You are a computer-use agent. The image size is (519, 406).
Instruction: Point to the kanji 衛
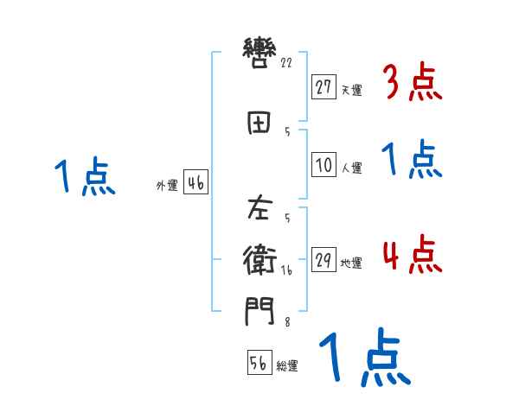pyautogui.click(x=259, y=260)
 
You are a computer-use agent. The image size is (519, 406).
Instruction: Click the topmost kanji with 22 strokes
pyautogui.click(x=259, y=54)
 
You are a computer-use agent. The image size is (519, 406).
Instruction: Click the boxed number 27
pyautogui.click(x=324, y=87)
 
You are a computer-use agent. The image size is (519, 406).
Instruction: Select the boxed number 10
pyautogui.click(x=324, y=166)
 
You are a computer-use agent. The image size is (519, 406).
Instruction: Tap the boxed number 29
pyautogui.click(x=324, y=260)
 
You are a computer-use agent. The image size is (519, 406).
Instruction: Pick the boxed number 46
pyautogui.click(x=195, y=182)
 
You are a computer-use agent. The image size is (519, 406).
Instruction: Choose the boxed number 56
pyautogui.click(x=259, y=364)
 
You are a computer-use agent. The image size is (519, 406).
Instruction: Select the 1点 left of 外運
pyautogui.click(x=84, y=178)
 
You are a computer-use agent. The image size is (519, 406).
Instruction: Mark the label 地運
pyautogui.click(x=351, y=263)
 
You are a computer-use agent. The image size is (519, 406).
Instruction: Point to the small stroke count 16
pyautogui.click(x=286, y=270)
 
